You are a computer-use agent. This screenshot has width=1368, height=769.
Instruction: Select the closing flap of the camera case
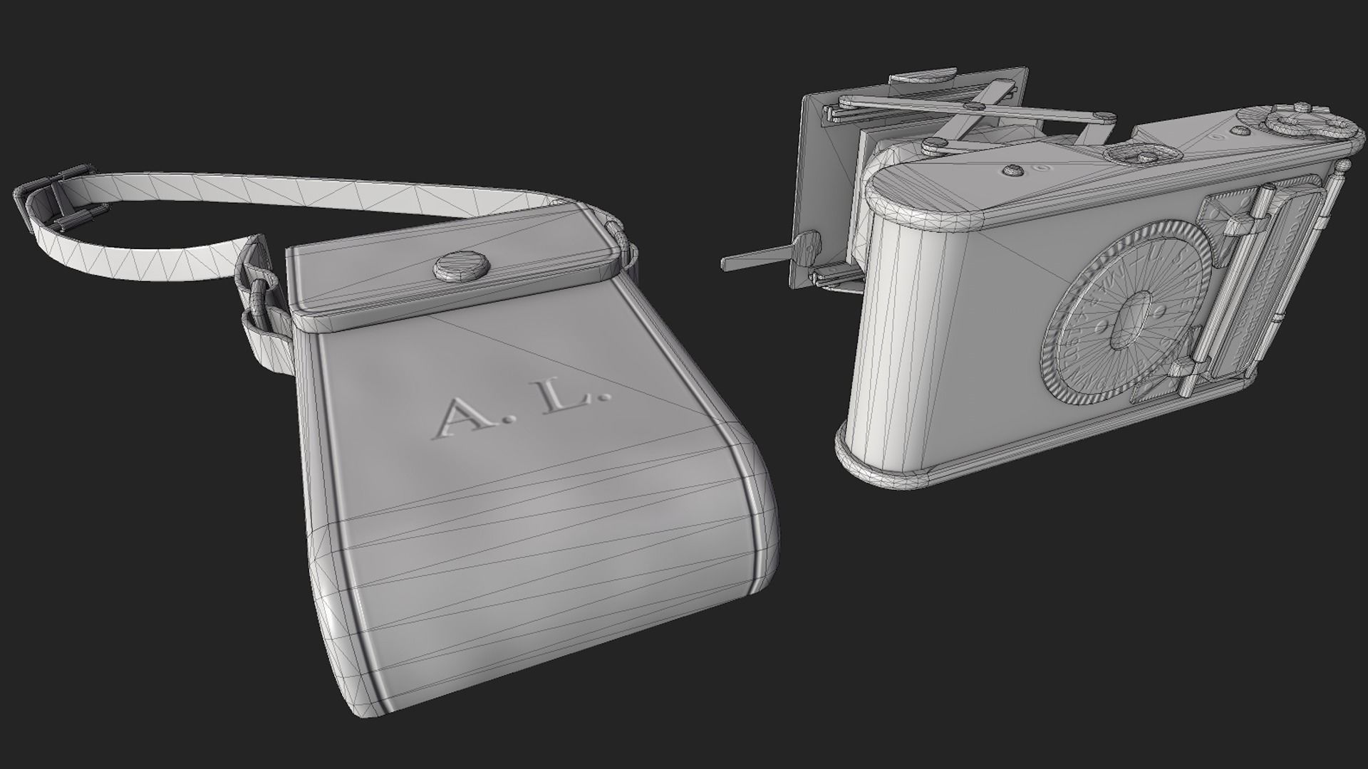[x=456, y=274]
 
